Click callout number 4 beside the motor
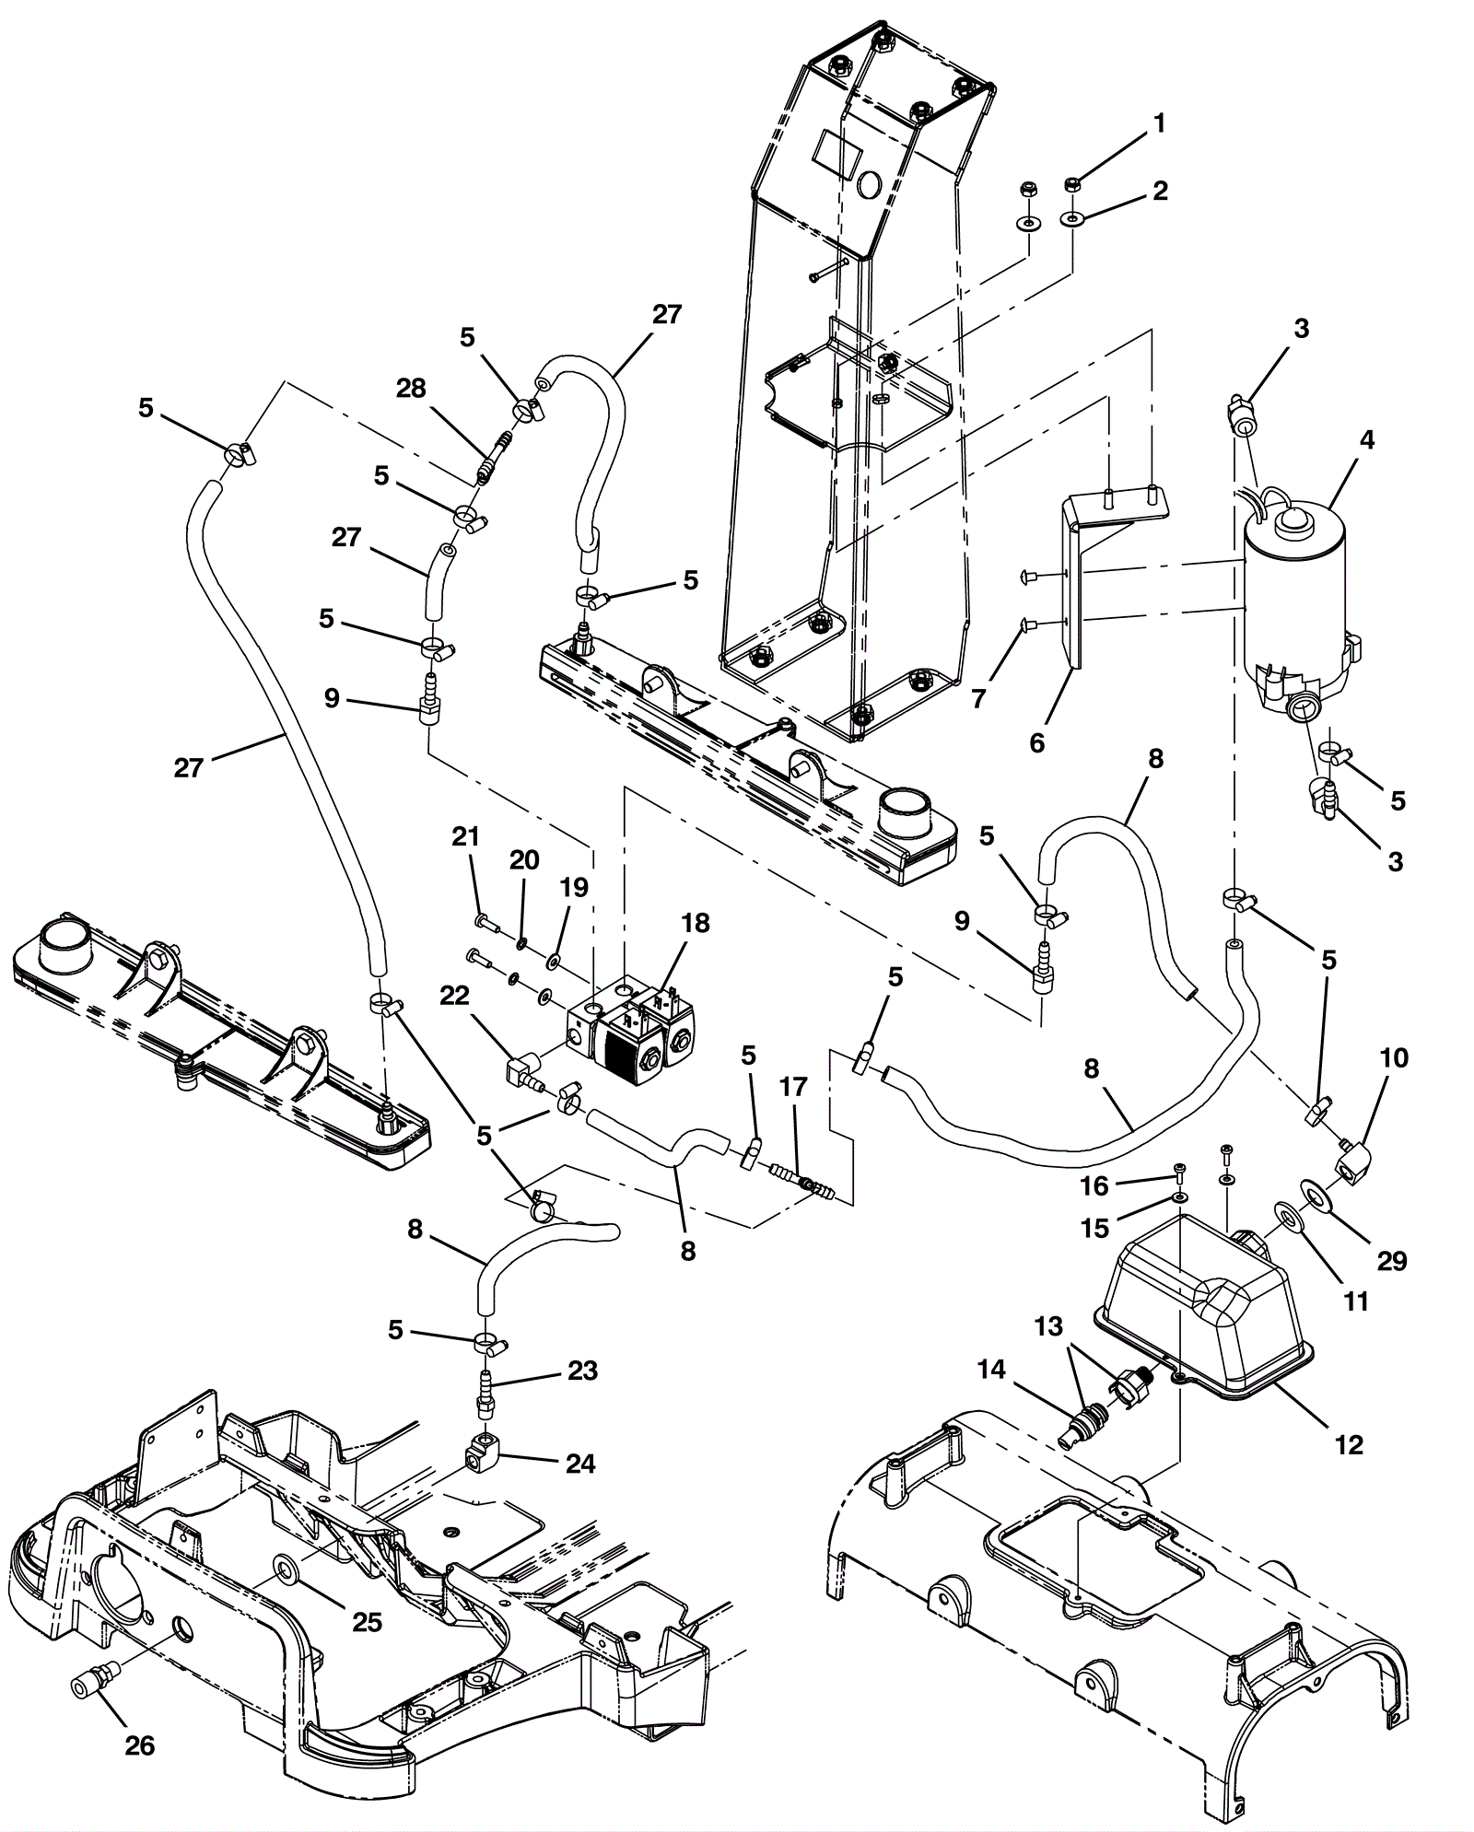[x=1366, y=441]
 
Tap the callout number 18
[x=696, y=924]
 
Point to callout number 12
[x=1349, y=1444]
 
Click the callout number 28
[x=411, y=389]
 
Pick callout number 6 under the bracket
[x=1037, y=743]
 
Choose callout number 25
[x=367, y=1621]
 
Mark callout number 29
[x=1391, y=1260]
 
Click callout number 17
[x=792, y=1088]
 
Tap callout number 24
[x=580, y=1463]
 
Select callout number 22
[x=454, y=996]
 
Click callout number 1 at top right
[x=1159, y=123]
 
